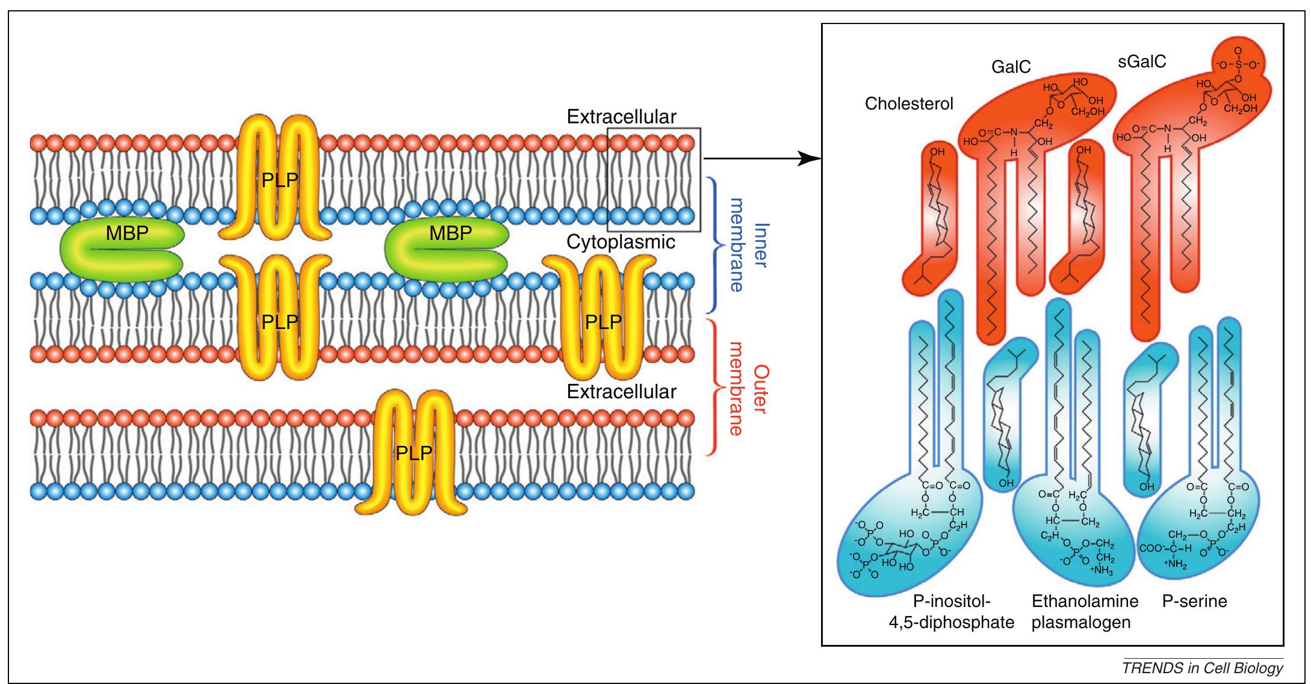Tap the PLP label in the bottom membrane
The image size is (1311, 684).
click(414, 453)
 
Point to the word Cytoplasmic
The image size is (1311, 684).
click(621, 242)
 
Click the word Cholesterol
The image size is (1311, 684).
click(909, 104)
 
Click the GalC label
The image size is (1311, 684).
click(1011, 84)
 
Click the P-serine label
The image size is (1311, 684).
click(1194, 601)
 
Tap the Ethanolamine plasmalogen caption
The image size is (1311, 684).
click(1084, 611)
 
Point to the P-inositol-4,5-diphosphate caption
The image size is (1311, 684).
click(952, 611)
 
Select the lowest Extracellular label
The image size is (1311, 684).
click(621, 392)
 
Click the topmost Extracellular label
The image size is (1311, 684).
click(621, 117)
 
